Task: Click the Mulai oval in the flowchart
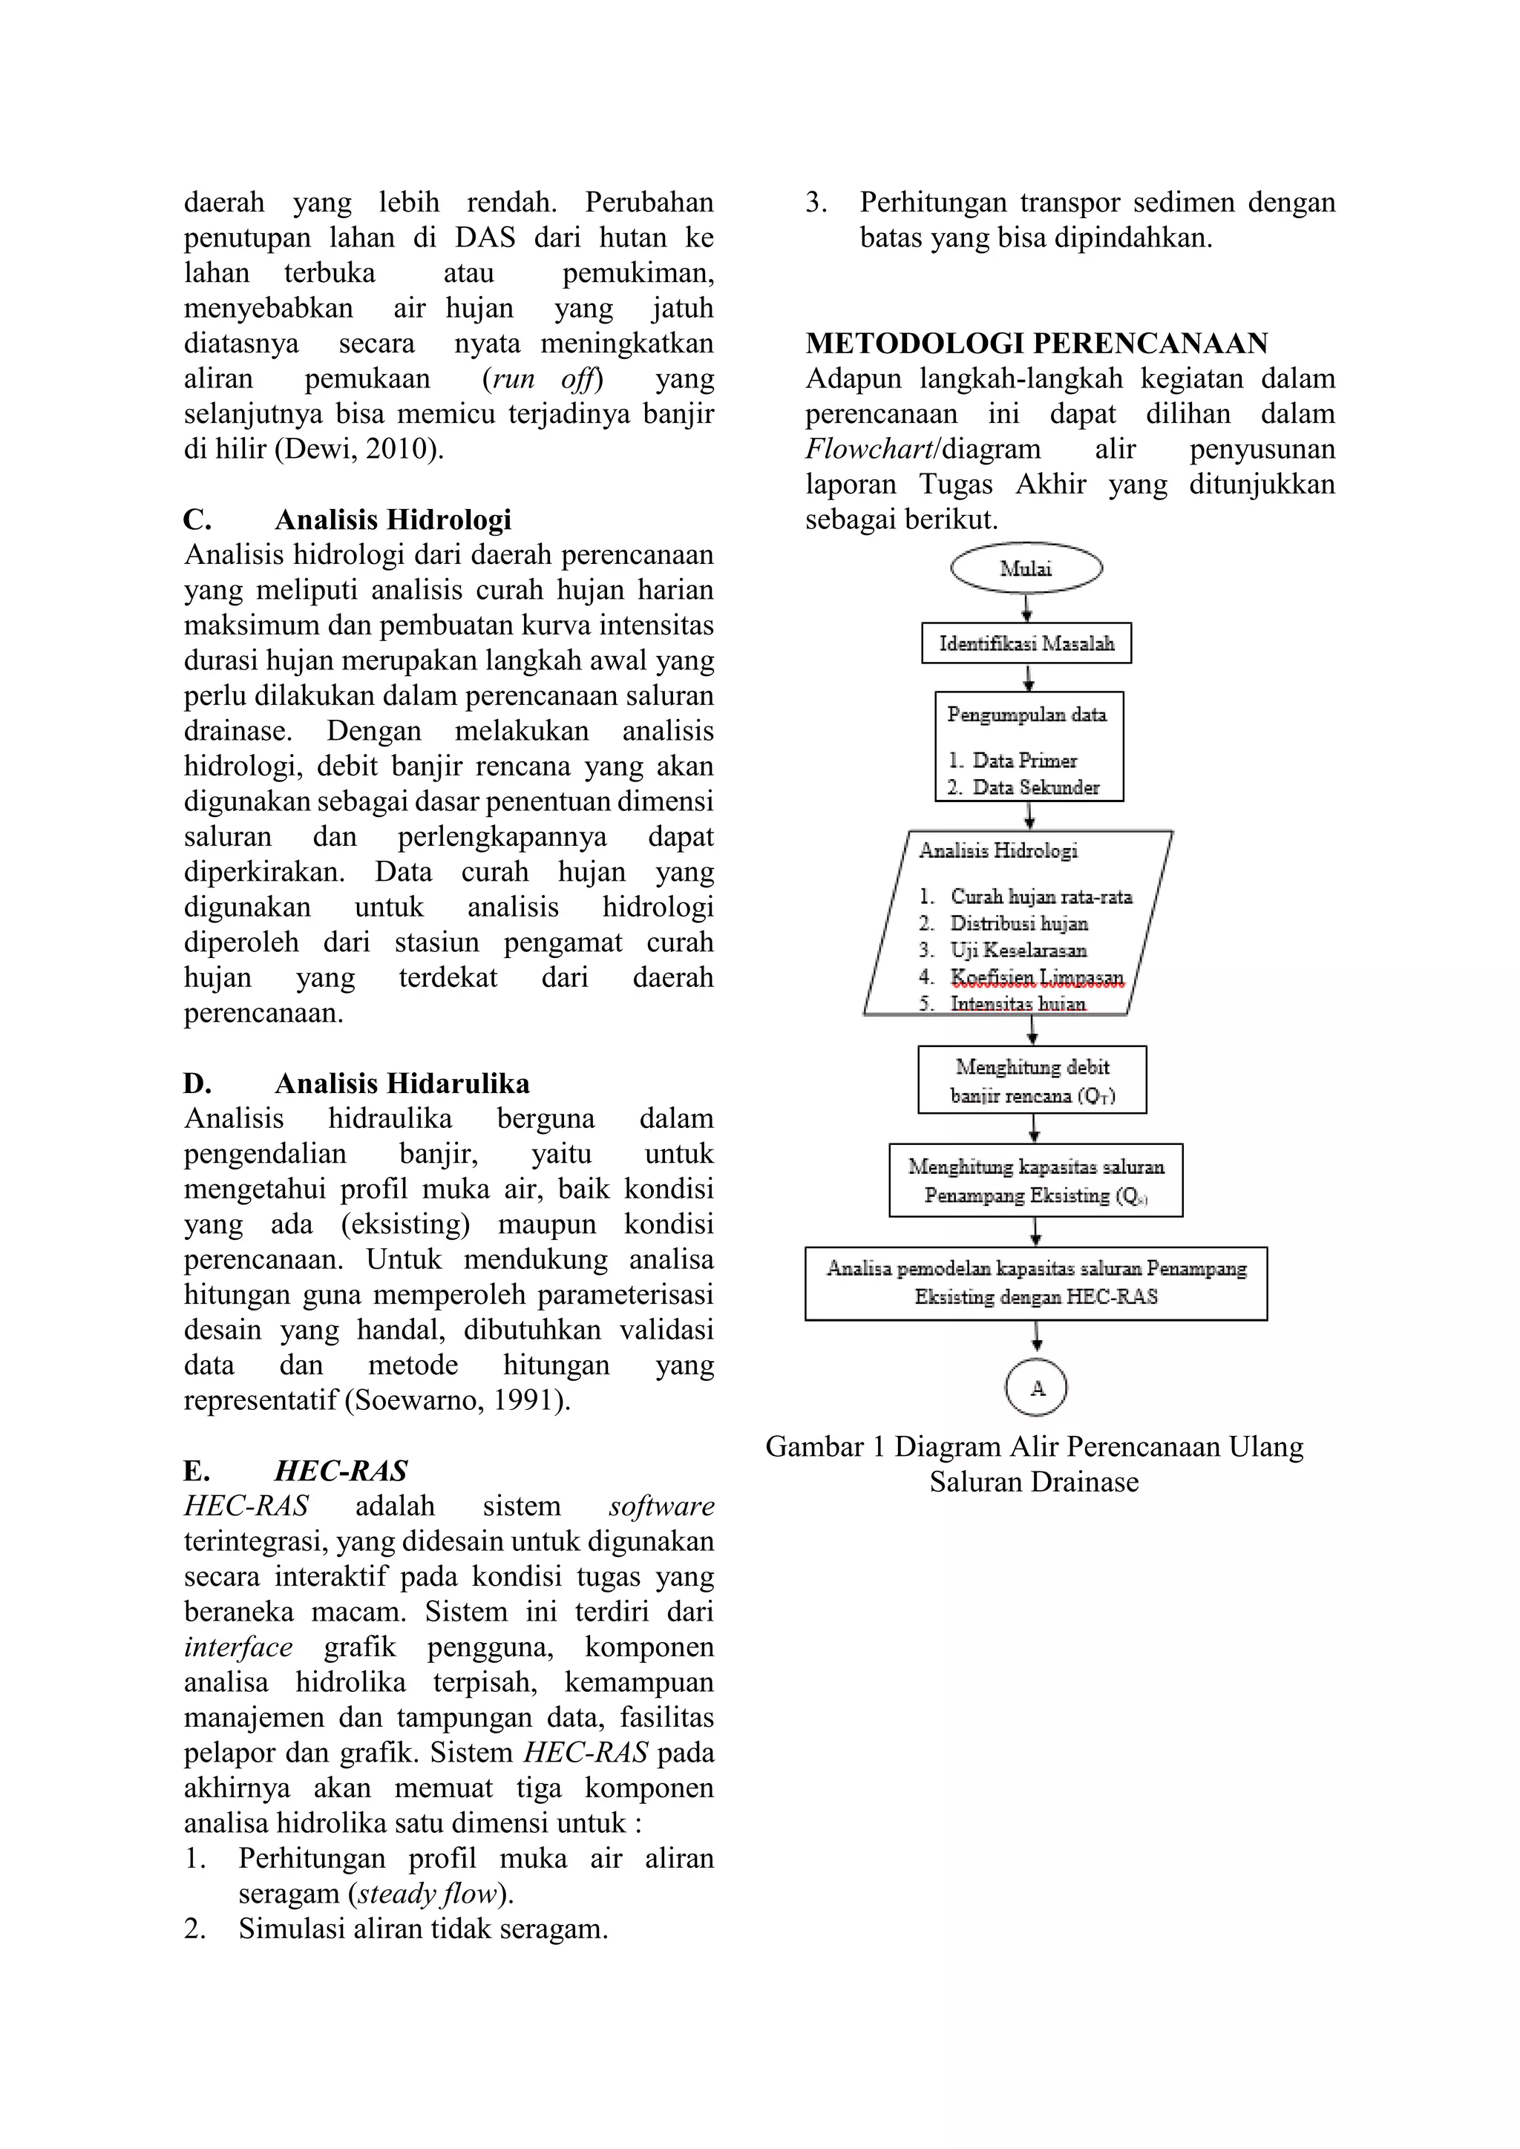click(1026, 568)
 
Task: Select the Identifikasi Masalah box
click(1026, 643)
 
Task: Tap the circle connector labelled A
click(1036, 1388)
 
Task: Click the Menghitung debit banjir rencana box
click(1032, 1080)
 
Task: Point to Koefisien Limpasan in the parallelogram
click(1036, 977)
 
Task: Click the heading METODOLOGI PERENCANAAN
click(1036, 344)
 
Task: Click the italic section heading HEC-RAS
click(341, 1471)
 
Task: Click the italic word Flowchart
click(868, 449)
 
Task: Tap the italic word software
click(661, 1506)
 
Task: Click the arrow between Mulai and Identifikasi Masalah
click(1026, 608)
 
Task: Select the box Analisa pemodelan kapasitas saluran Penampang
click(1035, 1282)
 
